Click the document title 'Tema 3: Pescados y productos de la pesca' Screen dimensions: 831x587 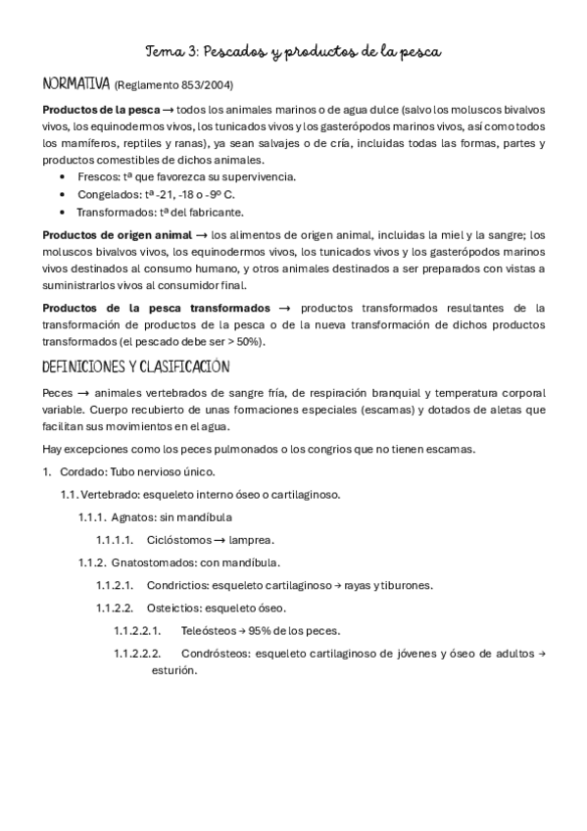click(293, 50)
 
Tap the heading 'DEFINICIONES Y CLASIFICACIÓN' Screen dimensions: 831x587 click(136, 367)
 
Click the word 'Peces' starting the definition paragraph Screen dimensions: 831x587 click(58, 393)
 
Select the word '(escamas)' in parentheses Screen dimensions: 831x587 click(385, 411)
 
